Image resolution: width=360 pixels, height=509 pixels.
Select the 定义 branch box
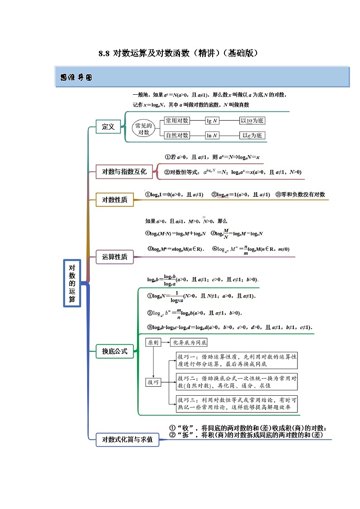(x=108, y=127)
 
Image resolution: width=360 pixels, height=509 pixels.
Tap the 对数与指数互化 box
(x=124, y=171)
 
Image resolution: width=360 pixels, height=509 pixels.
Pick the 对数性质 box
(x=115, y=200)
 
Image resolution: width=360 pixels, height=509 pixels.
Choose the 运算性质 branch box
(x=115, y=257)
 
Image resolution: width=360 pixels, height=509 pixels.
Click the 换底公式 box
(x=115, y=351)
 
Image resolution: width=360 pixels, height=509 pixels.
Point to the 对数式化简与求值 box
(x=127, y=439)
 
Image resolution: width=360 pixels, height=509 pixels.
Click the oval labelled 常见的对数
(x=143, y=128)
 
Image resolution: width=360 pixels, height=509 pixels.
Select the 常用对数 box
(x=176, y=121)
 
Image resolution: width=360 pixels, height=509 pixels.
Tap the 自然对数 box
(x=176, y=135)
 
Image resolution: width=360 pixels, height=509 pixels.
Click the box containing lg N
(x=212, y=121)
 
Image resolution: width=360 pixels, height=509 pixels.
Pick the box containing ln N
(x=212, y=135)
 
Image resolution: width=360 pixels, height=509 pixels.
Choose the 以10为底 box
(x=253, y=121)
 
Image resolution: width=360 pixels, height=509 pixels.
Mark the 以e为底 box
(x=253, y=135)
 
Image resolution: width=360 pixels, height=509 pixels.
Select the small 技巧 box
(x=153, y=383)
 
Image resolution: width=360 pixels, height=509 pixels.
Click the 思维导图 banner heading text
(x=76, y=78)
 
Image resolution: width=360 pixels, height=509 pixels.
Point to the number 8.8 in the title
(x=104, y=53)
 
